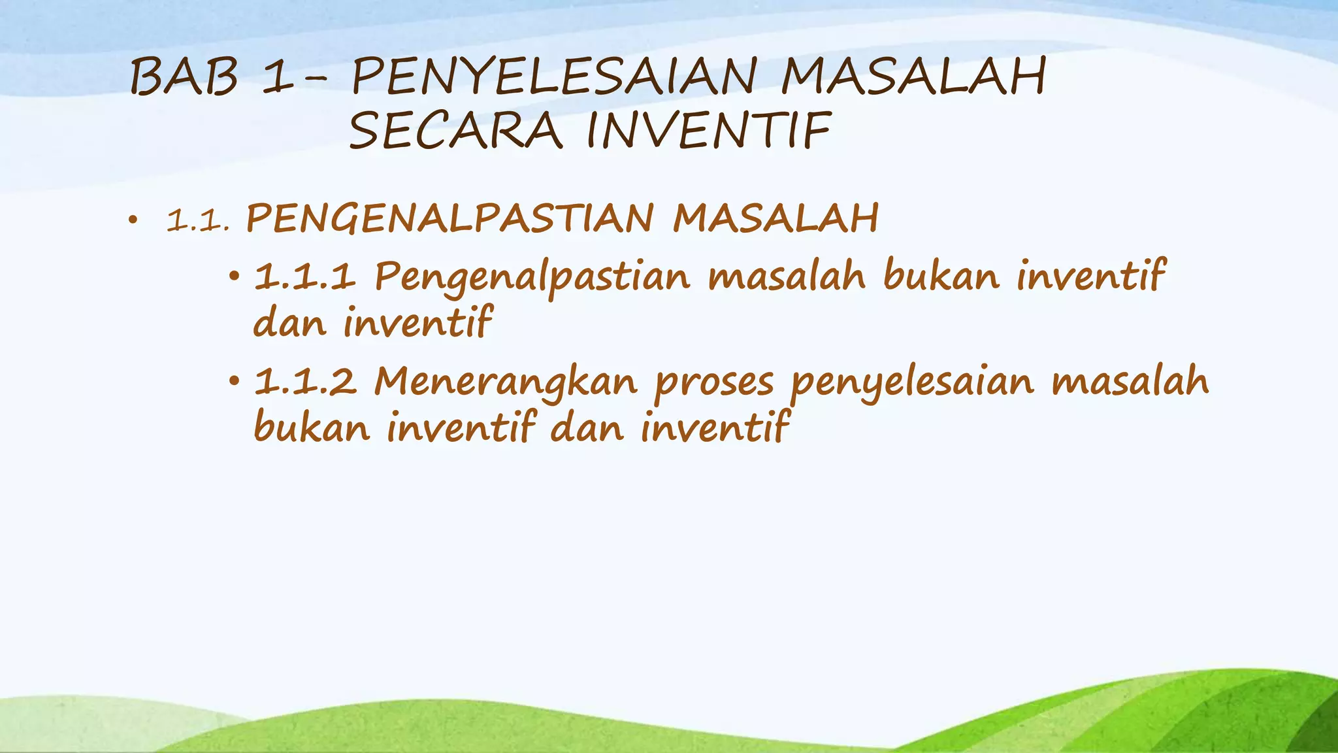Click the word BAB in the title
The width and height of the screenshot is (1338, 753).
[x=184, y=77]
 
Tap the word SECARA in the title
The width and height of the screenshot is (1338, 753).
[x=455, y=131]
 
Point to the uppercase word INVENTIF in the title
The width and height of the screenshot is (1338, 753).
[x=710, y=131]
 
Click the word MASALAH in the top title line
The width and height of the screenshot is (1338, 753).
[x=914, y=77]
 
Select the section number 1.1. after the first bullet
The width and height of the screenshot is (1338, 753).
[x=198, y=221]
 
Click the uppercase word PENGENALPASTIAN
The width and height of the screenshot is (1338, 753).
[x=449, y=219]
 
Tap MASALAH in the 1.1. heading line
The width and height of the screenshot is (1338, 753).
[x=775, y=219]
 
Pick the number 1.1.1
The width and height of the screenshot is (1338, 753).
[x=304, y=276]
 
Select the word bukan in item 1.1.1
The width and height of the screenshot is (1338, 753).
[x=941, y=275]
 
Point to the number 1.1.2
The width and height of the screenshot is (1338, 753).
[x=305, y=382]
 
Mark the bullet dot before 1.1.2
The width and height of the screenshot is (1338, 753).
[x=235, y=382]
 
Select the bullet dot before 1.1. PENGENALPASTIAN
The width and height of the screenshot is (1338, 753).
[x=133, y=221]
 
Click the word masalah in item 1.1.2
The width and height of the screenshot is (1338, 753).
[x=1130, y=382]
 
